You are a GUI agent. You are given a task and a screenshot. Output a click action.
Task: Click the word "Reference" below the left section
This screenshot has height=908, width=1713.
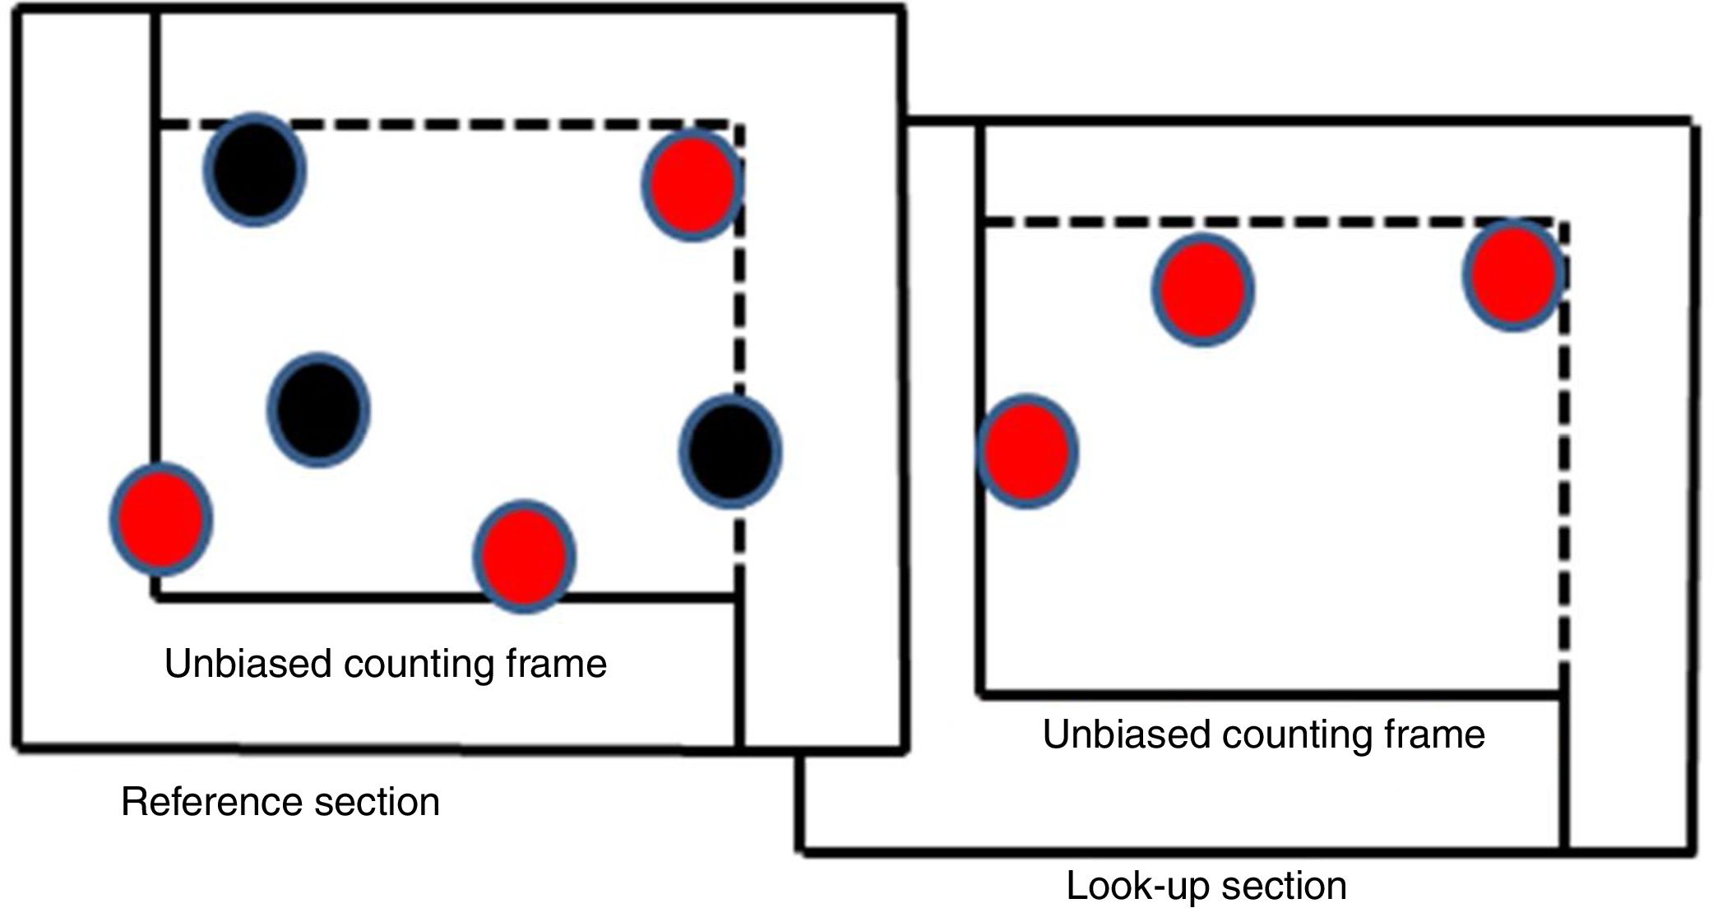click(x=201, y=802)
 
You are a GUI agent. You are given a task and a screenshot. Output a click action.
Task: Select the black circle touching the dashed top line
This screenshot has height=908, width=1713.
click(x=255, y=169)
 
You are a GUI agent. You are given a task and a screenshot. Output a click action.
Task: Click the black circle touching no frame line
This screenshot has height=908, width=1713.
click(x=319, y=410)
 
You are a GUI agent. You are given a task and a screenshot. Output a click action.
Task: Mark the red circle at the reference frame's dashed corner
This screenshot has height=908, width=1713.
click(x=692, y=184)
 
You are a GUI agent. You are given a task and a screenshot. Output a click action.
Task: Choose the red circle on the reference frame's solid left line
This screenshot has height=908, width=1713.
click(x=161, y=519)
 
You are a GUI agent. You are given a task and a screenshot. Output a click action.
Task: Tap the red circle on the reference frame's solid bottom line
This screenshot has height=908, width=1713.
click(x=524, y=556)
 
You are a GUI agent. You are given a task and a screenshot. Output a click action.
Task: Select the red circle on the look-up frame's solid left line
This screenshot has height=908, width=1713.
click(x=1027, y=452)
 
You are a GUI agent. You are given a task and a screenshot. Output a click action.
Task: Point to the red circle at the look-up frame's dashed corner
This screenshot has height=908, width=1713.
click(x=1513, y=275)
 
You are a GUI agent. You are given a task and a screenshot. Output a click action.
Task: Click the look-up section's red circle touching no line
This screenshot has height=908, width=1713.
click(x=1202, y=290)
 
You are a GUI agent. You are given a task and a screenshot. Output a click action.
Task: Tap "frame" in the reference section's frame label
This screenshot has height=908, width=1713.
click(x=557, y=664)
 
